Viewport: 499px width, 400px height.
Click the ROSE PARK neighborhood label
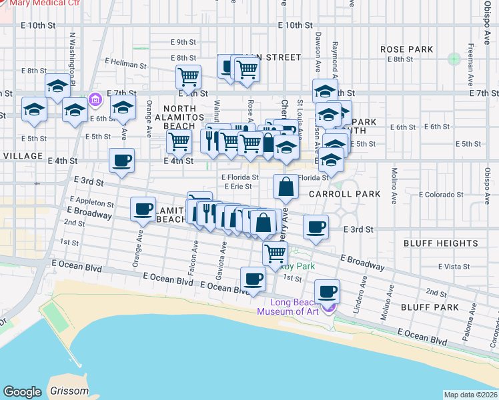point(406,49)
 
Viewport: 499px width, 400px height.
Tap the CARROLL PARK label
point(344,194)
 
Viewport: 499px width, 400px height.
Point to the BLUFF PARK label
point(430,307)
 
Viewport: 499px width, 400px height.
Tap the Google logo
point(22,392)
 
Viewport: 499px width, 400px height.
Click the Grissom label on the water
point(69,391)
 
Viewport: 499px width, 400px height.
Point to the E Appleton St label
point(91,203)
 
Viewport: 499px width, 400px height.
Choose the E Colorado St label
point(441,195)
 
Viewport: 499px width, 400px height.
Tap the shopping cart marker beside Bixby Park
point(275,253)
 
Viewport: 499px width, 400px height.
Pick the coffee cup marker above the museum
point(327,291)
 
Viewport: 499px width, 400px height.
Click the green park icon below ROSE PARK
point(454,59)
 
